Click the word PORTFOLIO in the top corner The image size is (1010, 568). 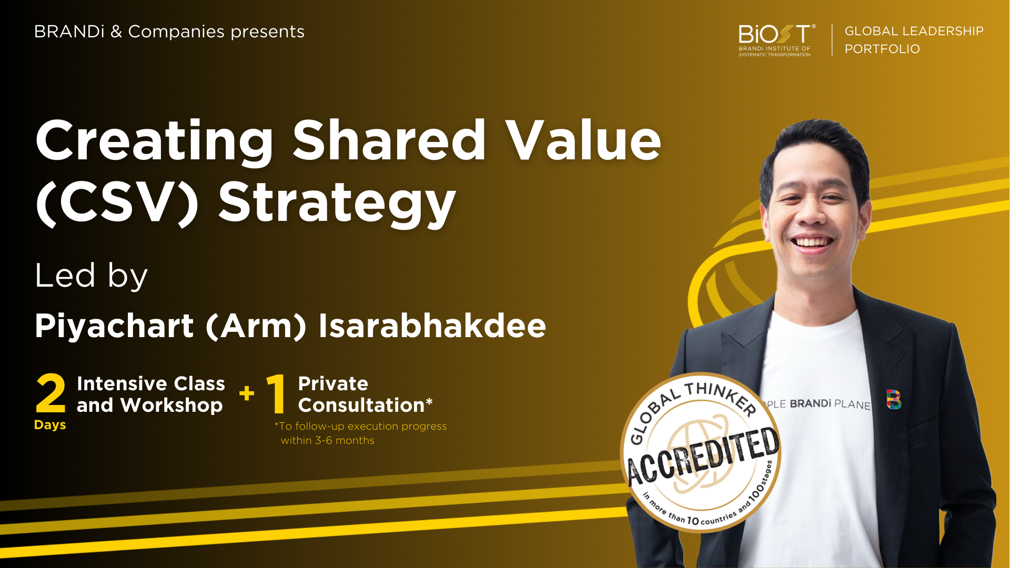click(882, 49)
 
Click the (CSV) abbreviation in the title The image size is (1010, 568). click(117, 203)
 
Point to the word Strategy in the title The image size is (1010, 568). click(337, 203)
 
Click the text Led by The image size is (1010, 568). click(91, 276)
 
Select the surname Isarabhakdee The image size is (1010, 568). click(432, 326)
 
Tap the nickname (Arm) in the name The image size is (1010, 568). click(256, 326)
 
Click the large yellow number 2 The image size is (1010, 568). click(50, 393)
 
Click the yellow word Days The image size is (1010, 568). click(50, 425)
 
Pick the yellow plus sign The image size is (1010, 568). click(246, 393)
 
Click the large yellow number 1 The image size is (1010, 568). click(277, 393)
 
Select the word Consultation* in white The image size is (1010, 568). click(365, 405)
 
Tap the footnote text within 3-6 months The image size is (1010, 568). click(327, 441)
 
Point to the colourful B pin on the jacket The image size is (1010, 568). click(893, 400)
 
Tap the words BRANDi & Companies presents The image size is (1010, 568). click(169, 32)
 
